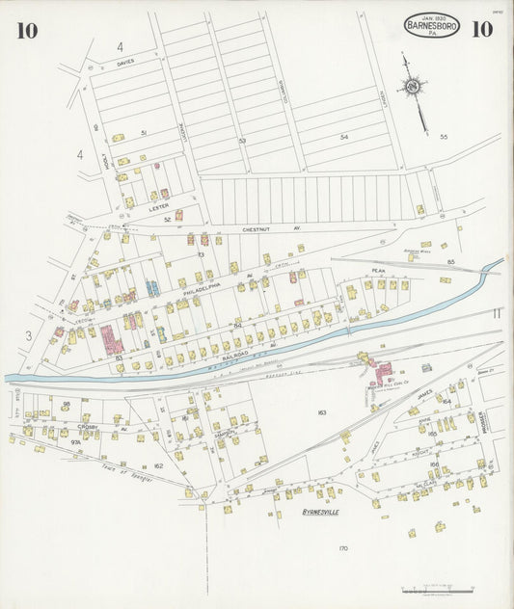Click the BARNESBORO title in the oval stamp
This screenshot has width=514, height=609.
(432, 26)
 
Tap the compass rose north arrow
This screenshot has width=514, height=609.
(413, 89)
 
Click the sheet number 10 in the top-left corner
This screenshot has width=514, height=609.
(26, 30)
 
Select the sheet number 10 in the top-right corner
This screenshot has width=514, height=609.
(481, 29)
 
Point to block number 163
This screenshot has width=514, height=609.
(322, 412)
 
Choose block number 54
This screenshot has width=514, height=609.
(343, 138)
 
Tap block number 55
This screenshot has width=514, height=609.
(444, 137)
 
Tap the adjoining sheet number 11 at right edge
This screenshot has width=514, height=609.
(496, 313)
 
